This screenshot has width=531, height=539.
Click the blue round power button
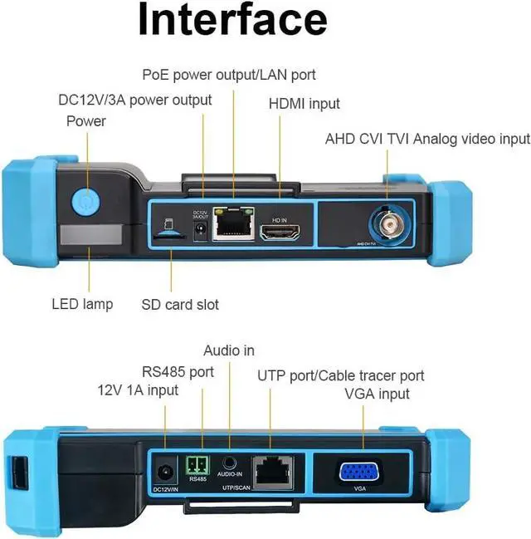click(85, 202)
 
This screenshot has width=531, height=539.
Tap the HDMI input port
click(279, 232)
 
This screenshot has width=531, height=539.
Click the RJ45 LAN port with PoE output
click(233, 225)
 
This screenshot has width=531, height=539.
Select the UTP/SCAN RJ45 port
click(272, 471)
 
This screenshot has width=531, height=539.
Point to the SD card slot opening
click(170, 235)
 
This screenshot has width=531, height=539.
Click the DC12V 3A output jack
click(199, 233)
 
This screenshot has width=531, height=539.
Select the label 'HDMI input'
click(304, 104)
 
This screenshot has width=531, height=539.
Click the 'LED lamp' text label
click(82, 304)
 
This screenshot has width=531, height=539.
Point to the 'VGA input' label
click(377, 394)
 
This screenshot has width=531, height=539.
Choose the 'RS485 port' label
click(178, 371)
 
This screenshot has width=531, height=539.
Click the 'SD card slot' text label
click(179, 304)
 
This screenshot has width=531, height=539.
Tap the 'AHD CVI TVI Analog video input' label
click(427, 138)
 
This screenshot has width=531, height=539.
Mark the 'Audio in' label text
click(228, 350)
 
